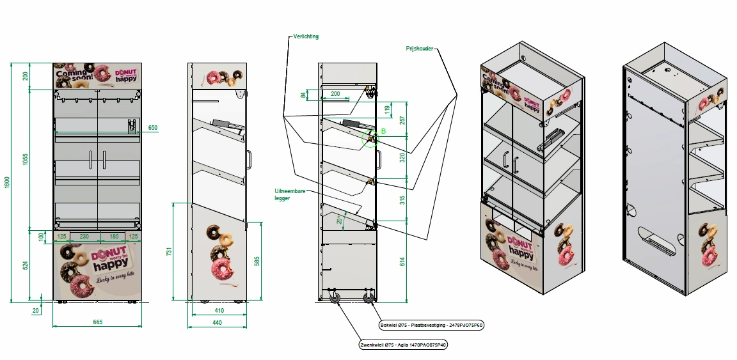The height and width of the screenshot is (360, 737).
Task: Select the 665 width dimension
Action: point(97,322)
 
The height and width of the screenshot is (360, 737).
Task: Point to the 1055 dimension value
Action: point(25,159)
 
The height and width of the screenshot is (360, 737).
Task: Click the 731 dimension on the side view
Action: point(169,252)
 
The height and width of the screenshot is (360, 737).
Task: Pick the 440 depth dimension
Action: point(217,324)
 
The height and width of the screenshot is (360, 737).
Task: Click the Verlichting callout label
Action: point(306,36)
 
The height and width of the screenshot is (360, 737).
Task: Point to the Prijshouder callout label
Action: point(420,49)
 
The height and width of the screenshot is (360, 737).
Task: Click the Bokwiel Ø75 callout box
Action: point(431,325)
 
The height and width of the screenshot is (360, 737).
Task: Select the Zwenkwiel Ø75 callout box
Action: point(403,345)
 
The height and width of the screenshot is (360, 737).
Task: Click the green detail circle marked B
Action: point(370,138)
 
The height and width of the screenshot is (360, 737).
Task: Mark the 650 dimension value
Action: point(153,128)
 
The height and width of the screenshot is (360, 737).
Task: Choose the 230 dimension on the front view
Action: point(84,237)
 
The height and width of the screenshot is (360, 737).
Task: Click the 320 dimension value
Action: point(402,157)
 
